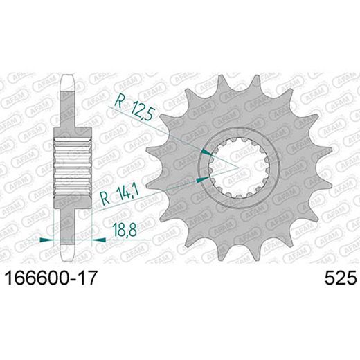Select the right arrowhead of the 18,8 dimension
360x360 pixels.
click(x=100, y=240)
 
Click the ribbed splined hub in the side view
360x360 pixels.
click(x=73, y=166)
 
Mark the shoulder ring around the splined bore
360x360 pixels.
click(x=239, y=201)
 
